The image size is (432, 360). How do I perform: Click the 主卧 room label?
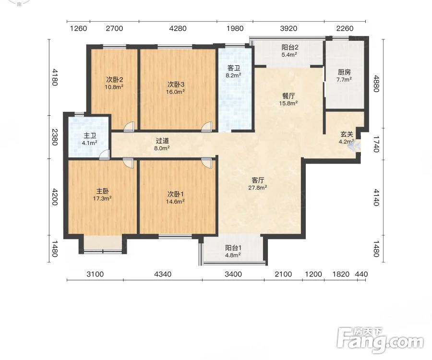102,191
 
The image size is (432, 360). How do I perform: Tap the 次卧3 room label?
176,84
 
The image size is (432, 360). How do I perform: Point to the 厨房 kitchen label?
344,72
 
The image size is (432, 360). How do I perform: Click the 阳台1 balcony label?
233,248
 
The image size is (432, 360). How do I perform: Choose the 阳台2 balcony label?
290,47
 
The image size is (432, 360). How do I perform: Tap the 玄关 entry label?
347,134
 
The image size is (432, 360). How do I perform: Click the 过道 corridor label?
162,141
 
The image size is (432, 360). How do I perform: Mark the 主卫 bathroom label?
90,136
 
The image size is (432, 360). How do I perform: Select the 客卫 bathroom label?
233,68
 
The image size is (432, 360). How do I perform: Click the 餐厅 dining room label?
288,96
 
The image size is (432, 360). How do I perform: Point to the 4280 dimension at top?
178,28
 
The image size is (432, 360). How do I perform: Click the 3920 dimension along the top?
288,28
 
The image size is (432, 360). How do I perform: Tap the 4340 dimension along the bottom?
163,274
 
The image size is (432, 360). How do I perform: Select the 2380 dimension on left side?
55,137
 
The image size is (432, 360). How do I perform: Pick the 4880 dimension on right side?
376,84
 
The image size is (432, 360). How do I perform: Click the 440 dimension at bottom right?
361,274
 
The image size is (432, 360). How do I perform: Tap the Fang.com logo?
381,340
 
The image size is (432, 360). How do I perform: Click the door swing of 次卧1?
206,163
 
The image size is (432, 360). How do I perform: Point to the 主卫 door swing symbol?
105,155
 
